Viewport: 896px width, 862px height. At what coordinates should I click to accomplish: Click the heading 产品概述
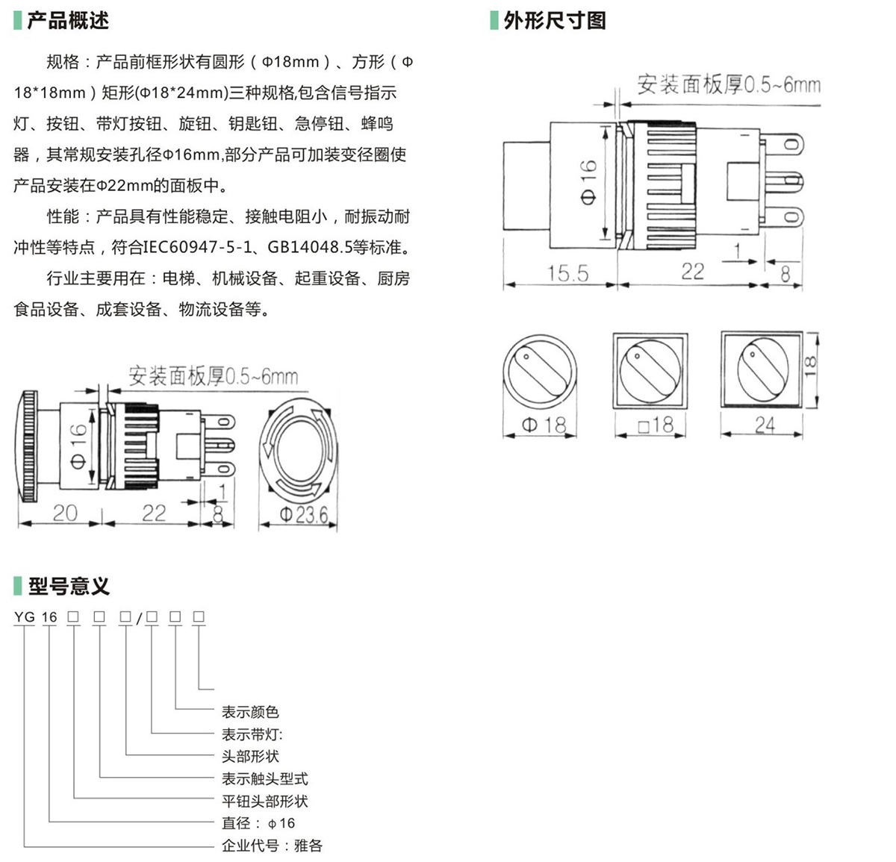click(68, 21)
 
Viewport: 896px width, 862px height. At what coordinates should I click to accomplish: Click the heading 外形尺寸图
click(554, 21)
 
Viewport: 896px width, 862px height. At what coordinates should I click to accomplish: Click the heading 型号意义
click(69, 587)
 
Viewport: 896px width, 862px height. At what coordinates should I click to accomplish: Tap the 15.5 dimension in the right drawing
click(567, 273)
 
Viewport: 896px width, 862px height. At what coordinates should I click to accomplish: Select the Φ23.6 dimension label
click(303, 514)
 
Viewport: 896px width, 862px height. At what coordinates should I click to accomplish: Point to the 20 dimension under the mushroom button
click(64, 513)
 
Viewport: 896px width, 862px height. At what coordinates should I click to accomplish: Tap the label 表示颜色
click(250, 712)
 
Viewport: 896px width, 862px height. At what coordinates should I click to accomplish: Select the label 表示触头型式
click(264, 779)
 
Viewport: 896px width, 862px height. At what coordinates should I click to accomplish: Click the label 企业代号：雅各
click(272, 846)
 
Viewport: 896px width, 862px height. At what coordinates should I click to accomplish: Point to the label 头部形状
click(250, 757)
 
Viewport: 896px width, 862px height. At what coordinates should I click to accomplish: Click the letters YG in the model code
click(25, 617)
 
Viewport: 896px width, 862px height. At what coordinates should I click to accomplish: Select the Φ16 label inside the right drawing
click(588, 183)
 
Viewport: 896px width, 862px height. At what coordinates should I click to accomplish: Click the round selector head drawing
click(539, 372)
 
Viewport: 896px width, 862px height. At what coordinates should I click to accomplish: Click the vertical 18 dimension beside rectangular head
click(810, 365)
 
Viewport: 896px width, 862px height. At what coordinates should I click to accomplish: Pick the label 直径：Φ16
click(258, 823)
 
